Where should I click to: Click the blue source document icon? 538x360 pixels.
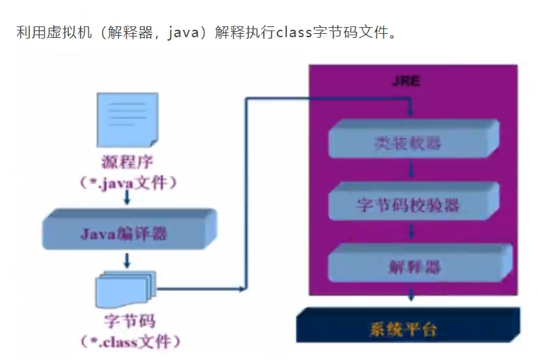127,118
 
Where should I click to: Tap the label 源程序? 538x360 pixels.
126,162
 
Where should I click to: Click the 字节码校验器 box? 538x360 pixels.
409,204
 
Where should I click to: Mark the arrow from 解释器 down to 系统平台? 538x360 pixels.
409,294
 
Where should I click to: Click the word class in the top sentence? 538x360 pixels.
293,32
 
